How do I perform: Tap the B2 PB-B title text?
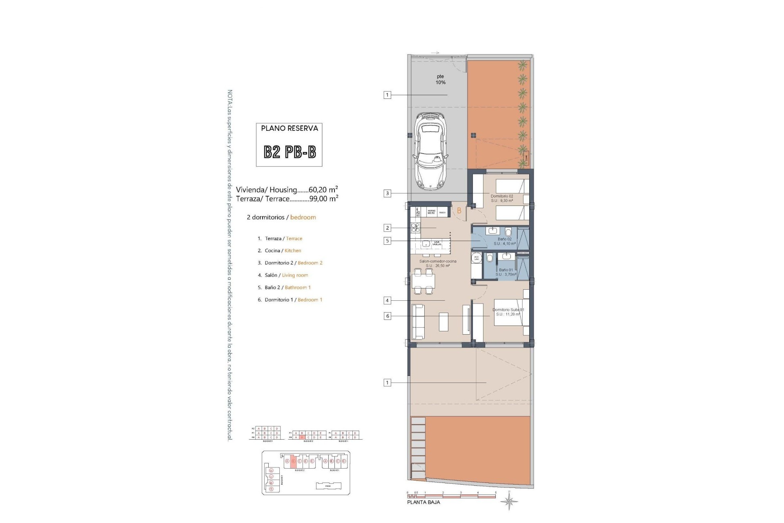point(289,152)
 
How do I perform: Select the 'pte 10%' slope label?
point(440,79)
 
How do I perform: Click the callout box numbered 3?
point(387,193)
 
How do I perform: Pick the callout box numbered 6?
point(387,316)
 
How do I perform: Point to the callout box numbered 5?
point(387,241)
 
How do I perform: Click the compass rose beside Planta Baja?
point(509,501)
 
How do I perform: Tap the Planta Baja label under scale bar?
point(423,502)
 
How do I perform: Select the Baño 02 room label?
point(504,241)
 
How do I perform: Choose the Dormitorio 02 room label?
point(502,198)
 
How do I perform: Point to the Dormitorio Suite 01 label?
point(508,312)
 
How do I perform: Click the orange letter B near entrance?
point(459,211)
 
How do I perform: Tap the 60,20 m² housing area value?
point(323,189)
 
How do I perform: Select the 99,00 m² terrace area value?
point(323,199)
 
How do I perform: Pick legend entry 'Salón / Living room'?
point(286,275)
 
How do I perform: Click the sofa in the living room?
point(418,322)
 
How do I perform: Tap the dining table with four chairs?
point(423,281)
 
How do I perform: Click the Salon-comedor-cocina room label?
point(438,263)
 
